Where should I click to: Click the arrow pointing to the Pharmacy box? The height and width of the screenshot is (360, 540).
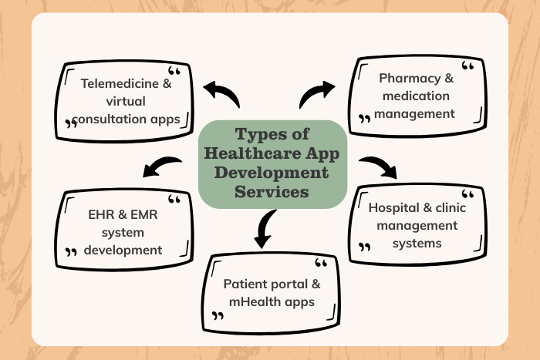315,94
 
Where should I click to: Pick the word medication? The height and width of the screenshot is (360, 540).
413,96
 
